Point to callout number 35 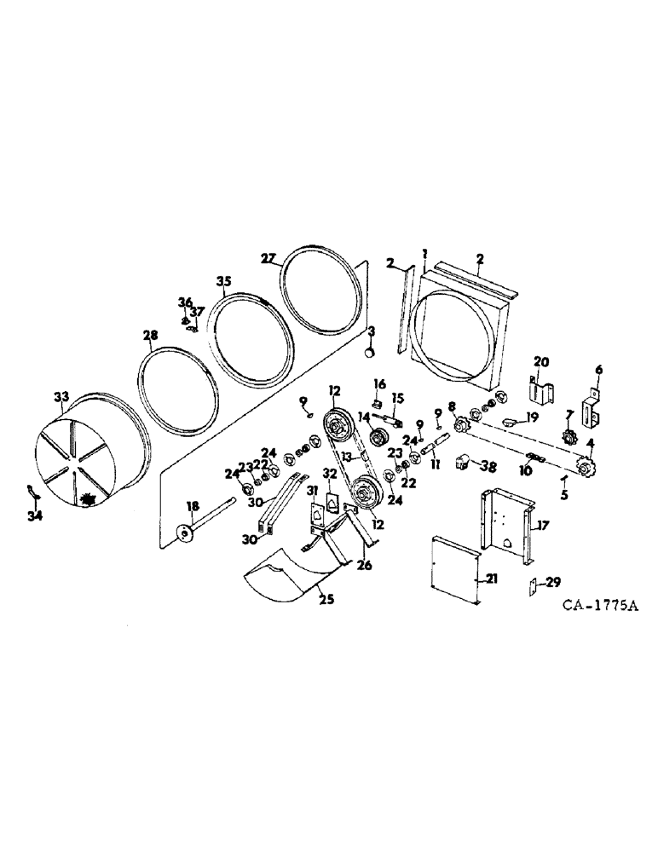pos(224,282)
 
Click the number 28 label pos(150,336)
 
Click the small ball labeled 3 pos(370,350)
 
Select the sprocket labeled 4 pos(585,468)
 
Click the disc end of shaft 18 pos(182,532)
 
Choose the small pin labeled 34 pos(32,492)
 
